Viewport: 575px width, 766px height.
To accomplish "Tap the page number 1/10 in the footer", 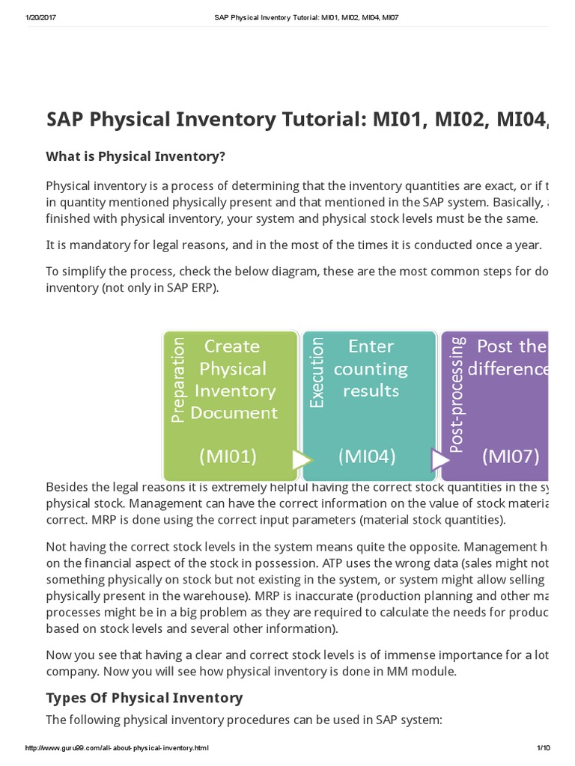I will (543, 748).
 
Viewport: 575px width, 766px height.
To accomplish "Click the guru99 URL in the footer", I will (117, 748).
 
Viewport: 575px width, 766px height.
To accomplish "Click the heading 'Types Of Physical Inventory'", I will (144, 697).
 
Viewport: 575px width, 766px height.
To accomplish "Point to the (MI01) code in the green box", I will (228, 456).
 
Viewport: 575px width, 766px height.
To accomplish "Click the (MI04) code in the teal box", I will (367, 456).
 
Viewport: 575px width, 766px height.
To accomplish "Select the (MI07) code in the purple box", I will (510, 456).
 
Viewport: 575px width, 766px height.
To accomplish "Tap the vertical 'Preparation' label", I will (178, 381).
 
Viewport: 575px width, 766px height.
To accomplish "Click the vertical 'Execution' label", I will (317, 372).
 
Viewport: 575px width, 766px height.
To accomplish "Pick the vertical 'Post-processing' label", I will (457, 393).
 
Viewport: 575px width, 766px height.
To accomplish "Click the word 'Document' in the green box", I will (234, 412).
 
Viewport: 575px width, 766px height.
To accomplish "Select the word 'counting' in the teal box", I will (371, 369).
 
